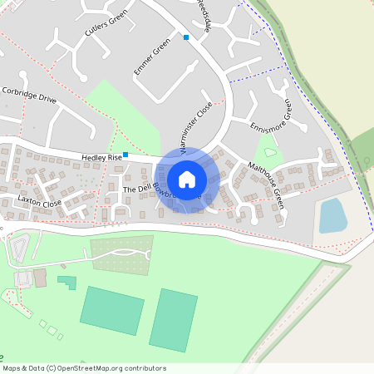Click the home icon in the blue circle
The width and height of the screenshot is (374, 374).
point(187,179)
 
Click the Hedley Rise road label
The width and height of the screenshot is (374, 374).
point(101,157)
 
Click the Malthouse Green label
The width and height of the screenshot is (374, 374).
point(267,184)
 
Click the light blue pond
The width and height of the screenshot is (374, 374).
point(333,215)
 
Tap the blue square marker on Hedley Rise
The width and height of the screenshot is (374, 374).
point(125,155)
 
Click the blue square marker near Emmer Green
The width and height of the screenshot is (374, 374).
point(186,37)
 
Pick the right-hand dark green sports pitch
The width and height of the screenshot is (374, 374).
point(175,320)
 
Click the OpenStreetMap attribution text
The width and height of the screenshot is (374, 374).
point(83,368)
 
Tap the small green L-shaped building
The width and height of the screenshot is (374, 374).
point(66,282)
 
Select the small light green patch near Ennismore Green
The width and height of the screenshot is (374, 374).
point(267,150)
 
